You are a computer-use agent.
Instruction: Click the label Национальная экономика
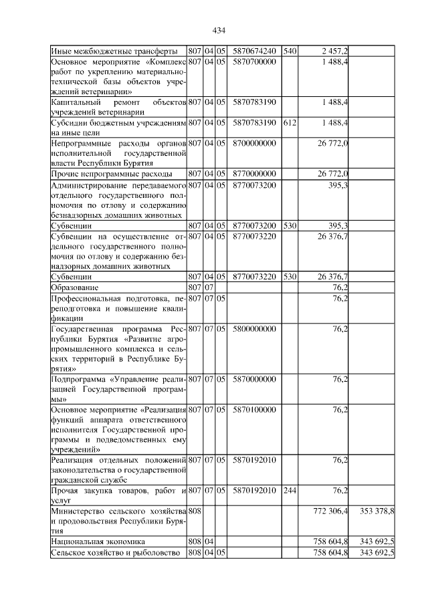(98, 541)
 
